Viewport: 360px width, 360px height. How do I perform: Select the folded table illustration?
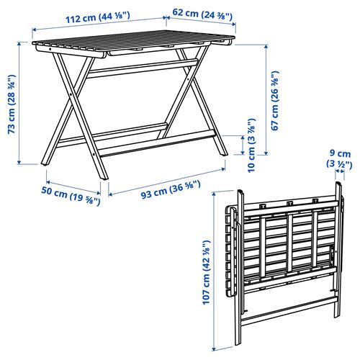tap(284, 256)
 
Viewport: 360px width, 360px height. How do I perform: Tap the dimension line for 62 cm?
tap(203, 26)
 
